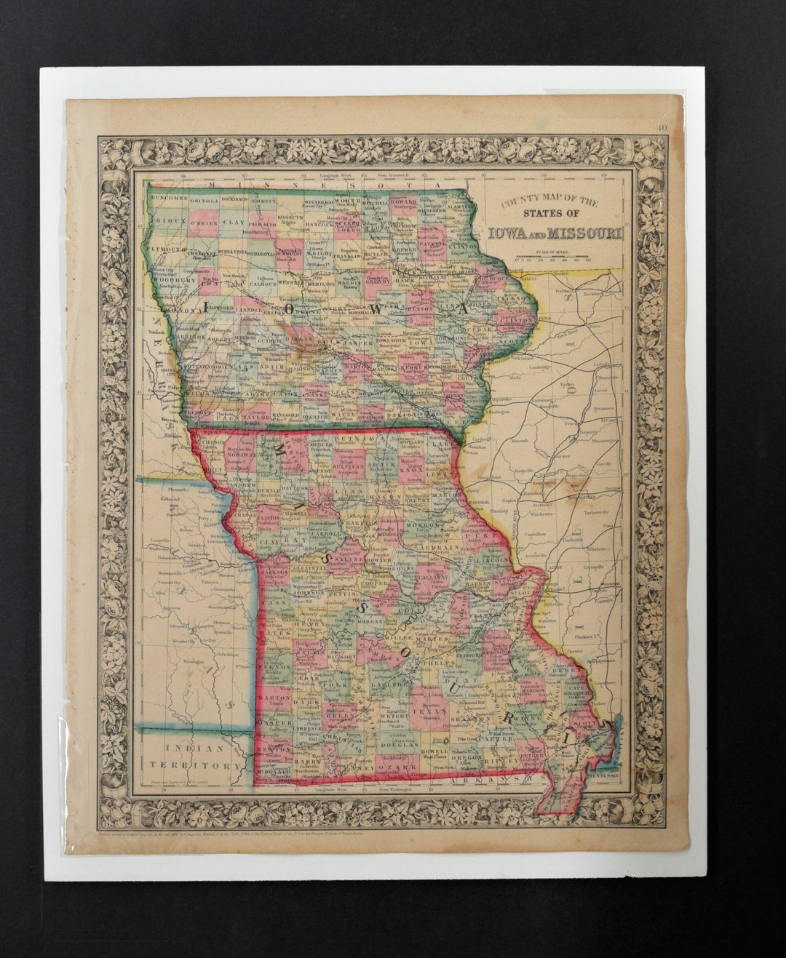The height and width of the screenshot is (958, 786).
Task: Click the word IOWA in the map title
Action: tap(514, 233)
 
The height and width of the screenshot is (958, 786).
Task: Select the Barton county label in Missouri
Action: tap(279, 697)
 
